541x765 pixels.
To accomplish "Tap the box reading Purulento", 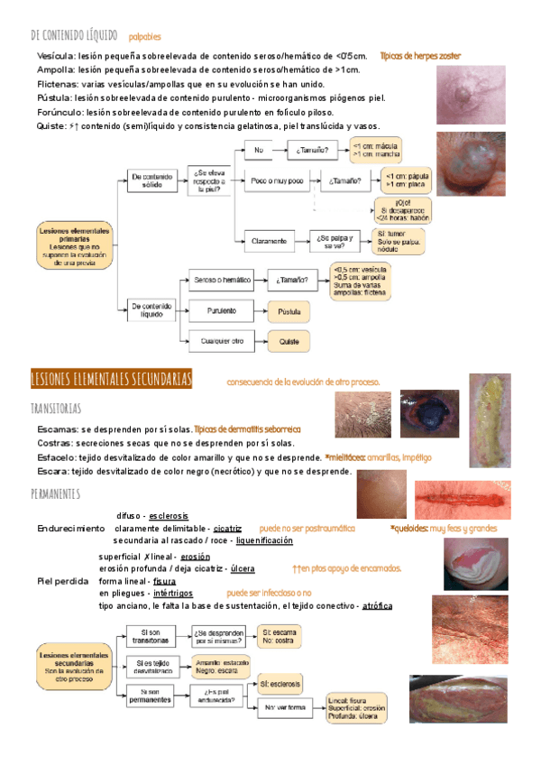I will (x=221, y=310).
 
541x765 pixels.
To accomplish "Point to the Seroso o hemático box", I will (x=221, y=281).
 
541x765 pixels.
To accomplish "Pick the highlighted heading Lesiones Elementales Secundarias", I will (x=112, y=379).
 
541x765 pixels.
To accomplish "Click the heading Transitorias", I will (x=57, y=409).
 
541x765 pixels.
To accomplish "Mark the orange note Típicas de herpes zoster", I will (x=420, y=56).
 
